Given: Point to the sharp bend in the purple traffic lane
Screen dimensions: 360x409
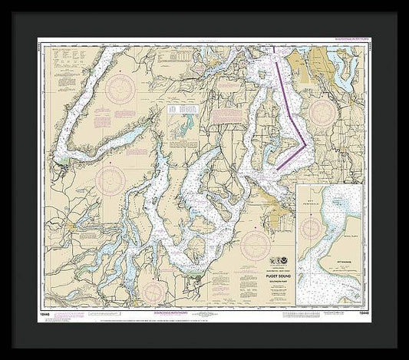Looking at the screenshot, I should (308, 142).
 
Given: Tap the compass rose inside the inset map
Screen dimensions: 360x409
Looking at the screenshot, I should (313, 228).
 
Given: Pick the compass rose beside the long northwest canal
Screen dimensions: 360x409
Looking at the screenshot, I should (120, 86).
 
